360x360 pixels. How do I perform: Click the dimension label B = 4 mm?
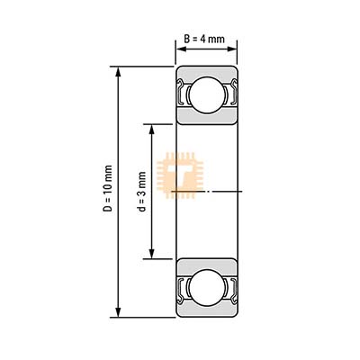(204, 39)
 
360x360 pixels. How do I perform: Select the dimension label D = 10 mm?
(108, 189)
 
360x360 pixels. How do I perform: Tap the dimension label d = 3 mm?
(142, 192)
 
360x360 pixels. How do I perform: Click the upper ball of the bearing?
(207, 94)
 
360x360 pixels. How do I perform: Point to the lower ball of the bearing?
(207, 288)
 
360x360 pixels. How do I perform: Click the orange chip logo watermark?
(180, 175)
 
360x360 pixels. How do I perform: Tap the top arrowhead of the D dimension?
(118, 73)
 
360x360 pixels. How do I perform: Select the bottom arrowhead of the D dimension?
(118, 310)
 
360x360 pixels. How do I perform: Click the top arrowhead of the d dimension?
(152, 130)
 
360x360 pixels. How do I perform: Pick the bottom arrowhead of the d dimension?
(152, 252)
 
